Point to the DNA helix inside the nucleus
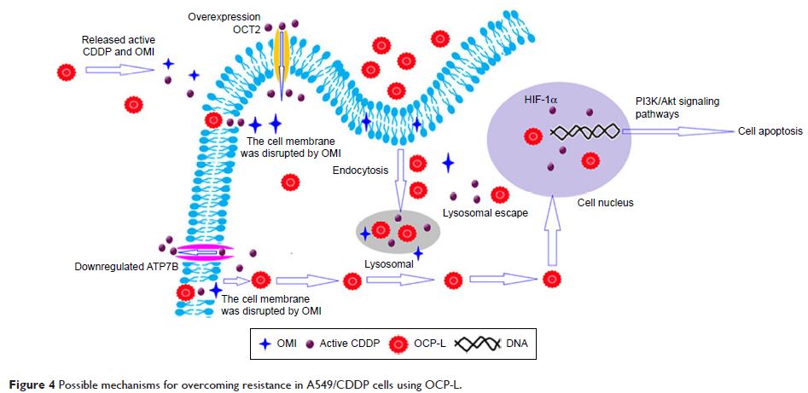click(x=585, y=131)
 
